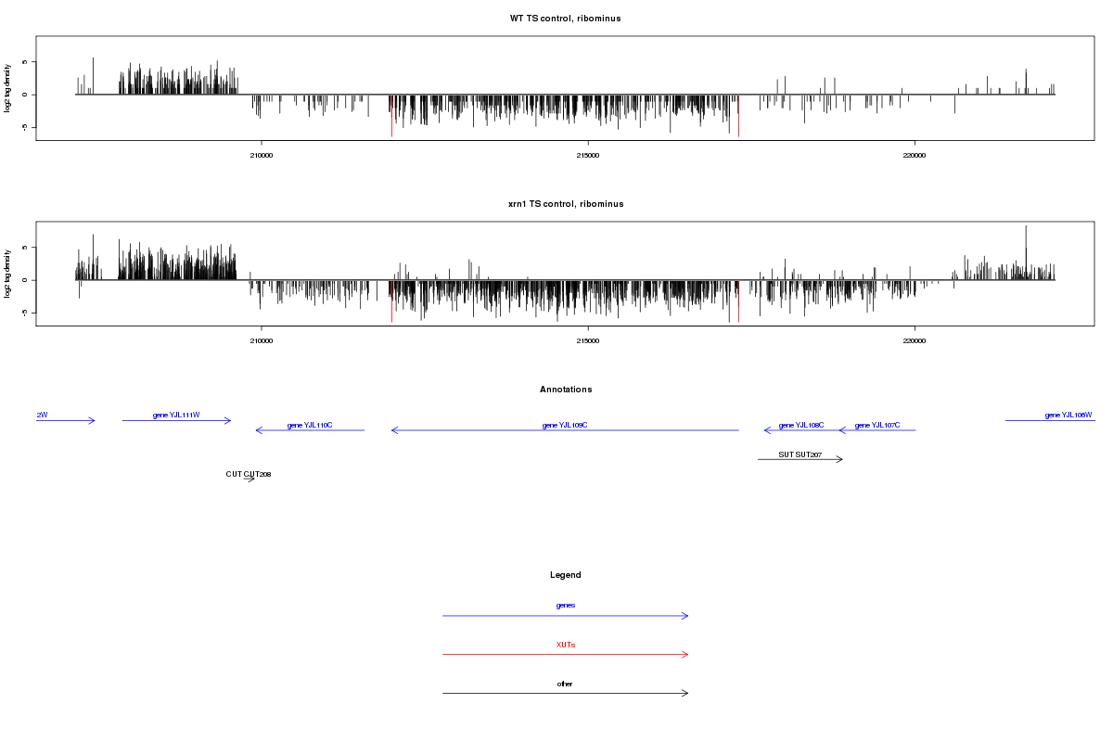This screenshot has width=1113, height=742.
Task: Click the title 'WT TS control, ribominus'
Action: [x=565, y=19]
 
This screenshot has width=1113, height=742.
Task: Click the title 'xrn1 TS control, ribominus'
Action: [x=565, y=204]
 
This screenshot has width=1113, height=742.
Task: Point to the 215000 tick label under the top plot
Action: [x=587, y=156]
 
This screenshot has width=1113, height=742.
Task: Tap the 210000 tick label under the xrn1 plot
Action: [x=262, y=341]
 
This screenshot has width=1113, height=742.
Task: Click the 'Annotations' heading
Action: [x=565, y=390]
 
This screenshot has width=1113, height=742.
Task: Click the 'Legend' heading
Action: [x=565, y=575]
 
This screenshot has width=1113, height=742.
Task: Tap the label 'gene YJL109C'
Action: [x=565, y=425]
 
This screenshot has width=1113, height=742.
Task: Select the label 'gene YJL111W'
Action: [x=176, y=415]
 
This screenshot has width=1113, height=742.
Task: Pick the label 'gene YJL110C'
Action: [x=310, y=425]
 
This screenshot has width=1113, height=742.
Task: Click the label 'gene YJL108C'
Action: [x=801, y=425]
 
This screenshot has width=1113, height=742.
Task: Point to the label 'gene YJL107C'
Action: [x=877, y=425]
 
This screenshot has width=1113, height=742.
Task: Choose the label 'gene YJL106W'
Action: [x=1068, y=415]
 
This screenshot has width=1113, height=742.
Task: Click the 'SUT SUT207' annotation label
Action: [x=800, y=454]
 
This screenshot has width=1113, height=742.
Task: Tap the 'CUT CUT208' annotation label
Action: [x=249, y=474]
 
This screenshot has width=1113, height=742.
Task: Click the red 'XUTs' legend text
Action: [x=565, y=645]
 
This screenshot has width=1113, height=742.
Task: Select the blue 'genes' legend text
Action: [x=565, y=605]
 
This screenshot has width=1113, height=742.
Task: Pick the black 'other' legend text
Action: [x=565, y=684]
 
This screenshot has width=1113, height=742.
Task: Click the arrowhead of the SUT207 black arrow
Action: [x=840, y=459]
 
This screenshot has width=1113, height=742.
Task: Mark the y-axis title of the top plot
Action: [x=8, y=88]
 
